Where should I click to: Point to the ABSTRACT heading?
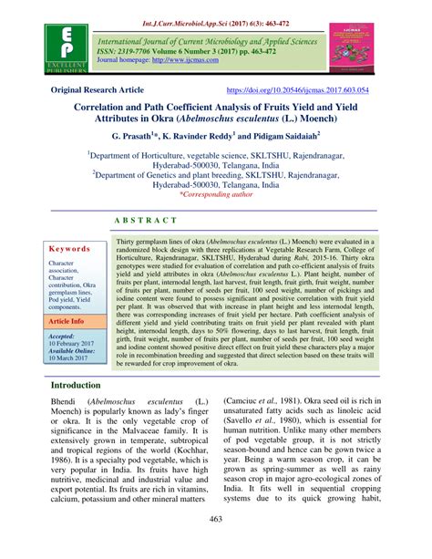[x=215, y=222]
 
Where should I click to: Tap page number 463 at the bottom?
[x=215, y=544]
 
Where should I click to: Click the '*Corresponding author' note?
[x=216, y=194]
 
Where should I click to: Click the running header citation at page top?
[x=216, y=8]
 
